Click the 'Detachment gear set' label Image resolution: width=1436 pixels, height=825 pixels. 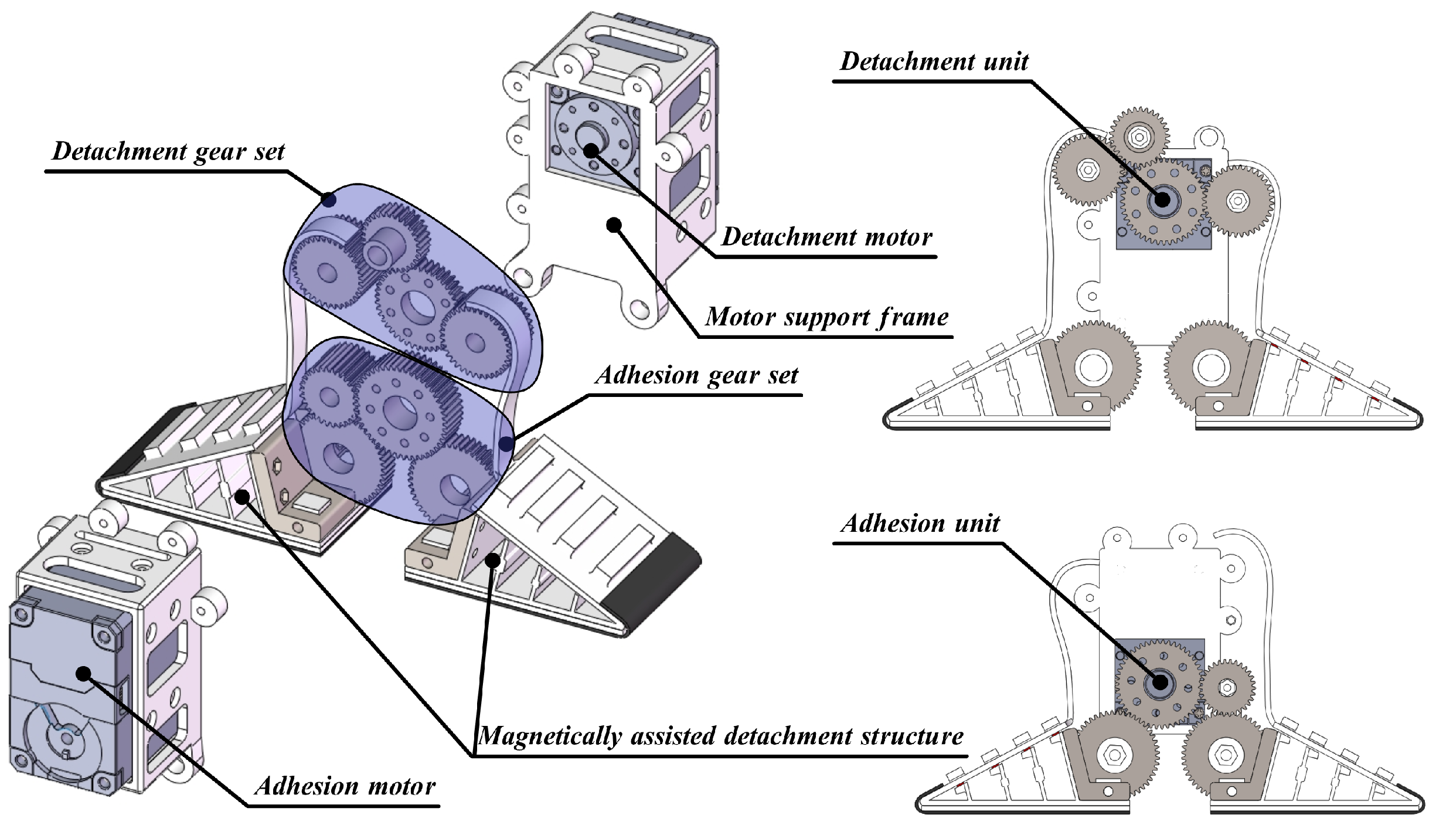point(168,152)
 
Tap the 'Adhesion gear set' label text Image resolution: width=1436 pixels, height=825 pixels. point(696,375)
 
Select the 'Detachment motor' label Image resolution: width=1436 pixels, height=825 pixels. point(826,237)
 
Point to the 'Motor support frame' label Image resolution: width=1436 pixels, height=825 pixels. point(826,317)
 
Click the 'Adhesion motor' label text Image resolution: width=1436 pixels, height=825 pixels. point(345,786)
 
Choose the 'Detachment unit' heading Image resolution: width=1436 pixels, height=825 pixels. point(934,62)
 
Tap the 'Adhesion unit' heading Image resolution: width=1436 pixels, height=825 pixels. point(920,524)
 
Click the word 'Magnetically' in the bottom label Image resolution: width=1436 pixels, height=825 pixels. point(549,736)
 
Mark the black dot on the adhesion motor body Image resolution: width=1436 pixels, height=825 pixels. point(84,674)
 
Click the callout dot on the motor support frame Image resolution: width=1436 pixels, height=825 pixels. point(614,225)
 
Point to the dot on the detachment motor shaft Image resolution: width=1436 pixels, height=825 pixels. point(591,150)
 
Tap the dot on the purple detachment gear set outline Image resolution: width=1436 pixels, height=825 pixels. point(329,201)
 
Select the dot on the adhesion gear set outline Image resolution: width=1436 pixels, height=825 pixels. point(506,443)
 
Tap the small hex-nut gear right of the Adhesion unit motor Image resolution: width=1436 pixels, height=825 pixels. point(1227,687)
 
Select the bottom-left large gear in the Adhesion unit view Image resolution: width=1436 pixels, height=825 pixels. point(1112,755)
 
